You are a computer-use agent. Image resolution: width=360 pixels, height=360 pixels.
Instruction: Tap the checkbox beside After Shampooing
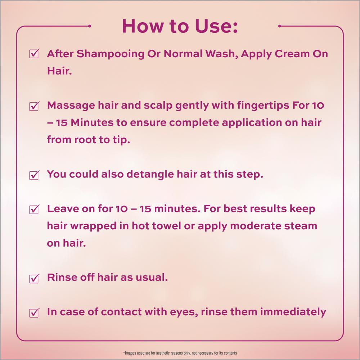34,54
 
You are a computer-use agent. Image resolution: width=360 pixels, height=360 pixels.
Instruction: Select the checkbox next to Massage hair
34,106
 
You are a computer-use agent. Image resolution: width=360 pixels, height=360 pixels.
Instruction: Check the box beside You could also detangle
34,175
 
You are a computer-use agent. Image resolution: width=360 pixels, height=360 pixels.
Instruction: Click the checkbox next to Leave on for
34,209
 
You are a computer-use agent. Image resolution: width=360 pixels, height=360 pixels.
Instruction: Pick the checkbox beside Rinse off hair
34,278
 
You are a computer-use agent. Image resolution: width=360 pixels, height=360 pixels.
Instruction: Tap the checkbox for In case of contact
34,312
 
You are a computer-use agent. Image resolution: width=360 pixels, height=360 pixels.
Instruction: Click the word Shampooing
111,54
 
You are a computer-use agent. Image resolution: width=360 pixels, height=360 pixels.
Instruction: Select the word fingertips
263,106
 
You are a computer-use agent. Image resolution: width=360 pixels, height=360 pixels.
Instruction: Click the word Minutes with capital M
92,122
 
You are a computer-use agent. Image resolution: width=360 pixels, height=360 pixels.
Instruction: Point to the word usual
152,277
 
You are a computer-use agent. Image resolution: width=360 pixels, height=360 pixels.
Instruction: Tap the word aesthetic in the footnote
163,353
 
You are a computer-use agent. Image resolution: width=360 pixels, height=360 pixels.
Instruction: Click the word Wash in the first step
221,54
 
